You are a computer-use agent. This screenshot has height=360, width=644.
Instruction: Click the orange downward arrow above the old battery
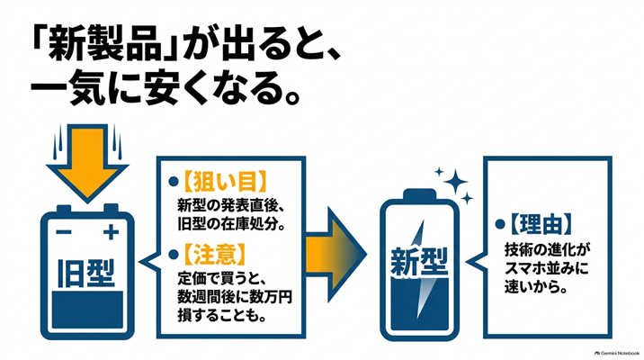tap(87, 162)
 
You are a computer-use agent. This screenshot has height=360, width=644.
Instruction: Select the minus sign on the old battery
tap(64, 232)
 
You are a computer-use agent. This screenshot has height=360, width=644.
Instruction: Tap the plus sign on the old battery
tap(111, 232)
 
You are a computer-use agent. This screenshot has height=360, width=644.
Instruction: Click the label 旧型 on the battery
tap(86, 273)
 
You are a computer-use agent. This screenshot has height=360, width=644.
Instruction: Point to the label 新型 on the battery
tap(418, 262)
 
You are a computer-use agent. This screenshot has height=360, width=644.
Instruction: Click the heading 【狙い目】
tap(225, 182)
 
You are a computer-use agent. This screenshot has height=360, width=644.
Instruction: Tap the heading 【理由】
tap(541, 224)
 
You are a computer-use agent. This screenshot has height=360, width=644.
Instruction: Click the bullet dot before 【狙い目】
tap(174, 182)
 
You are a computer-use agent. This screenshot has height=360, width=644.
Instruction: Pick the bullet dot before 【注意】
tap(174, 255)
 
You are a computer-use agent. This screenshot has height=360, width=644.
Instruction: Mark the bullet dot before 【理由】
tap(500, 224)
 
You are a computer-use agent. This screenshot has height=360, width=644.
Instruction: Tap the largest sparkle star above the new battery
tap(455, 181)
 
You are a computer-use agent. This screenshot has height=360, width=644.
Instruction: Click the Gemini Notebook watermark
tap(616, 353)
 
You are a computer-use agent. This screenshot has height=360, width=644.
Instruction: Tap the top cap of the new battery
tap(419, 193)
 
